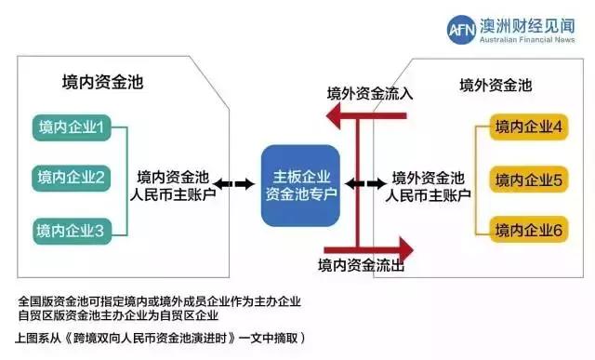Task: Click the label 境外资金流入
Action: pyautogui.click(x=369, y=94)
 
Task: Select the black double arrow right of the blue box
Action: pyautogui.click(x=357, y=184)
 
